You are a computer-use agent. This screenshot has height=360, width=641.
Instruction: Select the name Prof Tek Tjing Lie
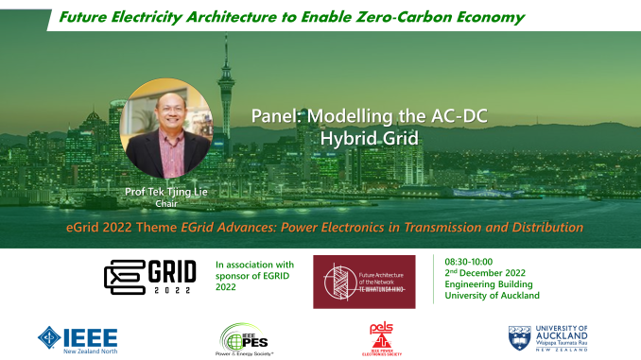(x=165, y=192)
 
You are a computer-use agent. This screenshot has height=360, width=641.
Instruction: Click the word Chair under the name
(x=165, y=202)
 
